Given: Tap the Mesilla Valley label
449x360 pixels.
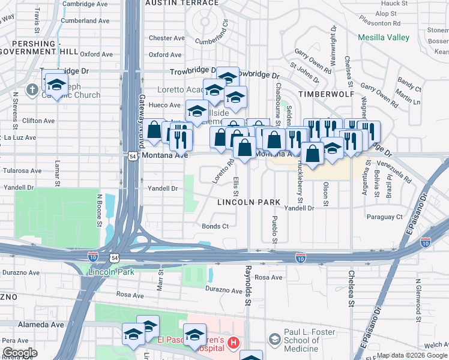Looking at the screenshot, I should (384, 37).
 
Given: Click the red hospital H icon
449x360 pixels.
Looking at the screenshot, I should (234, 343).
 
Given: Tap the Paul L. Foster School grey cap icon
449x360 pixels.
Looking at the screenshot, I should (275, 340).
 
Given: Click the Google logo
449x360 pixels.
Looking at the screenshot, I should (20, 353).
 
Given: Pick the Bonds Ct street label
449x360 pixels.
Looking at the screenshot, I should (215, 226).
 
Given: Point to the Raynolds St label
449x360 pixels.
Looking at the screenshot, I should (247, 285).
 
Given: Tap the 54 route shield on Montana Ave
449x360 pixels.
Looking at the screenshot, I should (133, 155).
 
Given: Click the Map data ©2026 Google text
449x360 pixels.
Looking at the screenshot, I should (411, 355).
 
